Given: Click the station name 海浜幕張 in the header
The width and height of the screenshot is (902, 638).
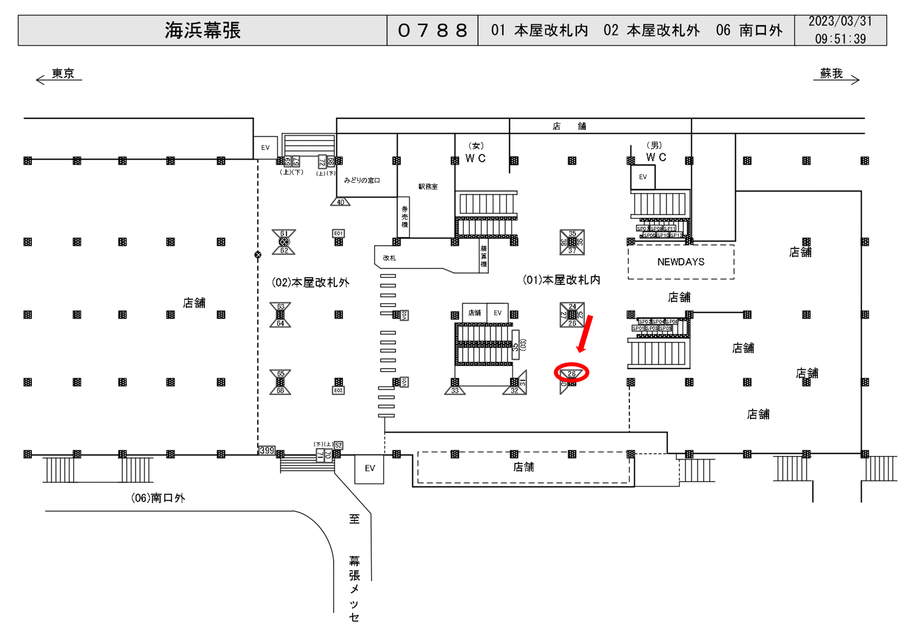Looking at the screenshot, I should pos(202,30).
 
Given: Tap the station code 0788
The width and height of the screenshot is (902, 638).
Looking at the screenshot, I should pos(432,30).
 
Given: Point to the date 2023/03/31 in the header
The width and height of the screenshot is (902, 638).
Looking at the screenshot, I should pos(840,22).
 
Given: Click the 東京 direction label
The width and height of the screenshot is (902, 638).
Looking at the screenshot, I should pos(63,74).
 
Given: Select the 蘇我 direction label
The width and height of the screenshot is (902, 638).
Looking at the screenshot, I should pos(831,74).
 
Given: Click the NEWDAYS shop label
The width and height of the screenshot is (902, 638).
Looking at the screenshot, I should pos(681,262).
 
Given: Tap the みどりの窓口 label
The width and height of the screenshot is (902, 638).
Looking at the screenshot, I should pos(362,180).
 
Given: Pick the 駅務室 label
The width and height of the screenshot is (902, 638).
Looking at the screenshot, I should pos(428,187).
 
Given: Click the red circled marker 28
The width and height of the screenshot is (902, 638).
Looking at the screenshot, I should pos(572,373).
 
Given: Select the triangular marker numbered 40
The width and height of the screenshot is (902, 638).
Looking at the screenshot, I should pos(340,202).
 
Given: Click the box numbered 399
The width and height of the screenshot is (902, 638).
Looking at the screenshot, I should pos(267,450).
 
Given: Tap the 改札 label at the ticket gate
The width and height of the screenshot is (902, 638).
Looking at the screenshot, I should pos(389,258).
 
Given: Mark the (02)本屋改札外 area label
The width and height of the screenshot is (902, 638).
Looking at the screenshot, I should pos(310,283).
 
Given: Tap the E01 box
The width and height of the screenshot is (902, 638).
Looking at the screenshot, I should pos(338,233).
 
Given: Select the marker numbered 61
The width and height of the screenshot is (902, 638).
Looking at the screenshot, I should pos(284,234).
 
